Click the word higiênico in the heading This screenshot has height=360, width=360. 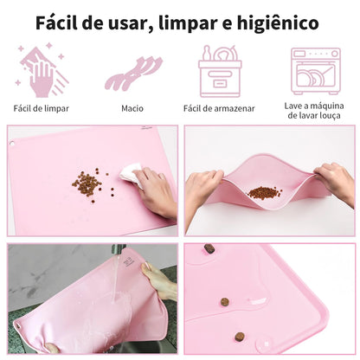(x=278, y=22)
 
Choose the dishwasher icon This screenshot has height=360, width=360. (x=315, y=71)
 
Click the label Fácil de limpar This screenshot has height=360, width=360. (x=41, y=109)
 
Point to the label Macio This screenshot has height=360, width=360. (x=132, y=109)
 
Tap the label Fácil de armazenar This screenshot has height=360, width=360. (x=220, y=109)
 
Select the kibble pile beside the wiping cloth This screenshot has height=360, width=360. (x=87, y=183)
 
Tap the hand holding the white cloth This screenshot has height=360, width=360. (x=156, y=190)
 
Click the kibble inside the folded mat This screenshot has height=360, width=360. (x=264, y=193)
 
